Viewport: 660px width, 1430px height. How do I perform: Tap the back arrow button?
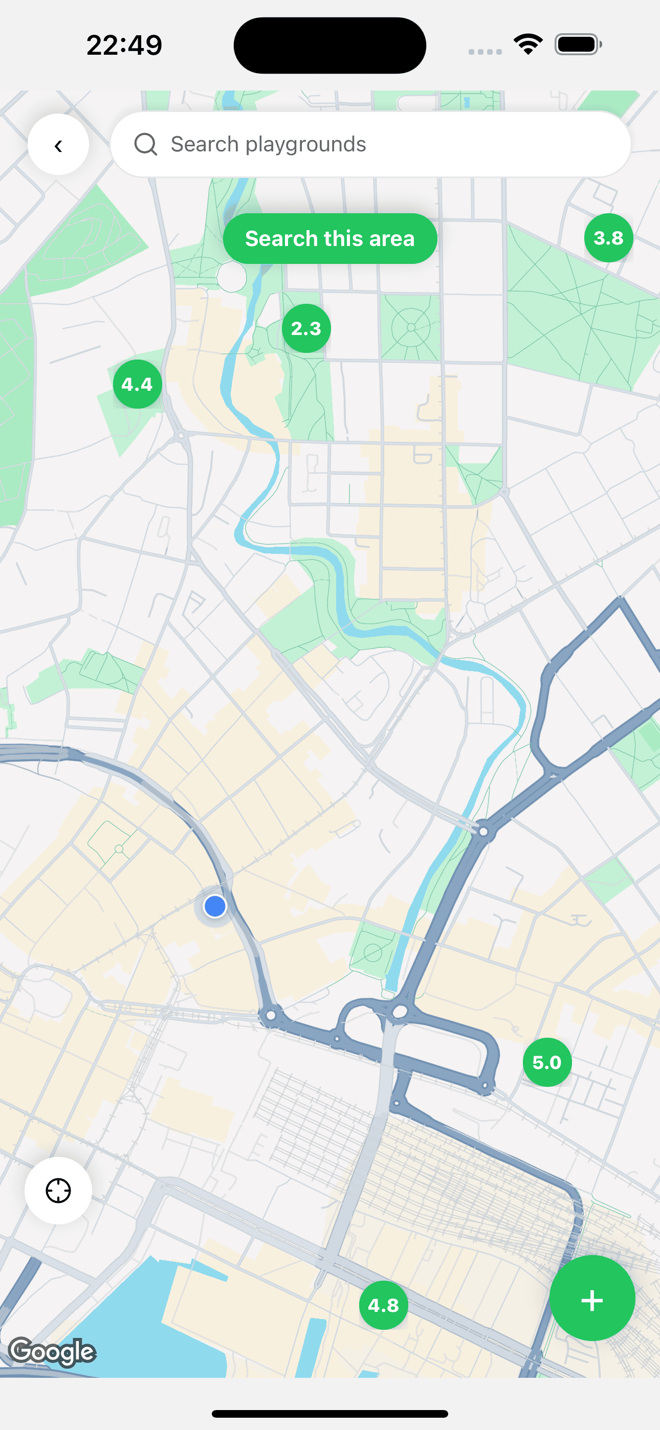pyautogui.click(x=58, y=145)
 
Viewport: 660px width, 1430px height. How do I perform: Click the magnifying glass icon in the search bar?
pyautogui.click(x=145, y=144)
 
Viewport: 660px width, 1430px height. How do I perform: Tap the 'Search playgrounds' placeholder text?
pyautogui.click(x=268, y=144)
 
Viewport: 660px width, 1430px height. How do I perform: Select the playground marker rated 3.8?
pyautogui.click(x=608, y=238)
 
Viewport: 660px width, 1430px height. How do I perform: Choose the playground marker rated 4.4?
pyautogui.click(x=137, y=384)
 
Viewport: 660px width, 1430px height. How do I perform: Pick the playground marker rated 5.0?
pyautogui.click(x=546, y=1062)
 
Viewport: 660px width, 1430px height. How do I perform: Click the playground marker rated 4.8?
pyautogui.click(x=383, y=1306)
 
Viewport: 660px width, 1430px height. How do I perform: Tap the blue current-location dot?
pyautogui.click(x=215, y=906)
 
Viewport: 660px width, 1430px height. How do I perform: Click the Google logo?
pyautogui.click(x=53, y=1351)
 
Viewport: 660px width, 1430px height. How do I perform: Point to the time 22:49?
pyautogui.click(x=124, y=45)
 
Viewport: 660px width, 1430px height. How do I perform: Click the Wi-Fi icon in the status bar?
pyautogui.click(x=528, y=44)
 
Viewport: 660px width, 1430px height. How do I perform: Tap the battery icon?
pyautogui.click(x=578, y=44)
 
